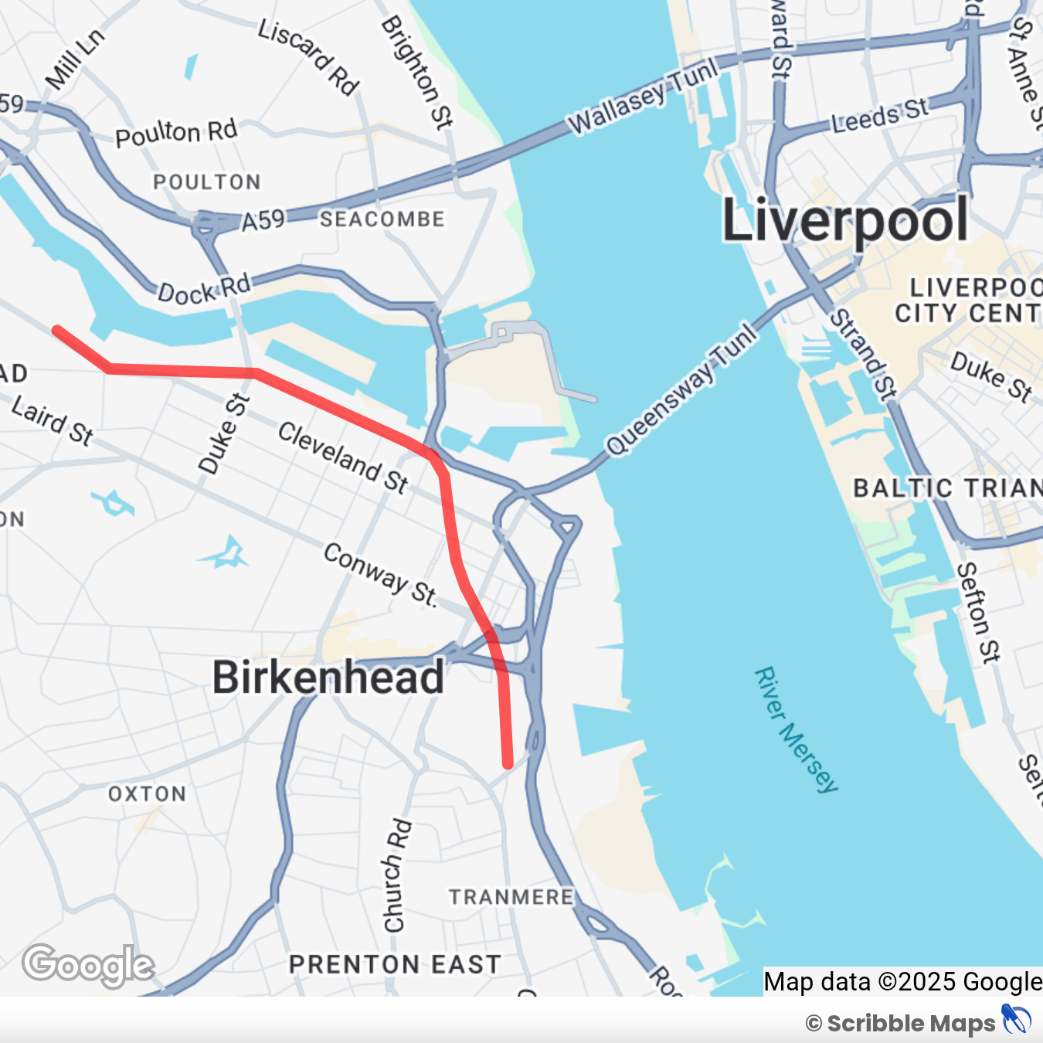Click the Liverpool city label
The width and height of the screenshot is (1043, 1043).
tap(844, 221)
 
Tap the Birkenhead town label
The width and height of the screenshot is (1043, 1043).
tap(328, 678)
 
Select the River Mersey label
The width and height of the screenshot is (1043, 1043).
tap(796, 730)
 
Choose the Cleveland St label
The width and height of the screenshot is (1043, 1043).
tap(343, 457)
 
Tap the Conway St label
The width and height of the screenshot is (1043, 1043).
tap(380, 574)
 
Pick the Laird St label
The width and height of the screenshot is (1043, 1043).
tap(53, 421)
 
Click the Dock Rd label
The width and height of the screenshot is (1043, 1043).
tap(204, 289)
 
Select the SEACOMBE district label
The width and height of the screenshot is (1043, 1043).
tap(382, 219)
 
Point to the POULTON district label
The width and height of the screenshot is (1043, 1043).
tap(207, 182)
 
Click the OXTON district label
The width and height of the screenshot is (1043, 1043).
tap(147, 794)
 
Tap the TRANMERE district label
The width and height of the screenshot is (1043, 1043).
tap(511, 897)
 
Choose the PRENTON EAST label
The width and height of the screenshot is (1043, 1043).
tap(395, 964)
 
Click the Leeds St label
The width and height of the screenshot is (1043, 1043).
tap(880, 115)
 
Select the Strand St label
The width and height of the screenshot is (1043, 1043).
tap(862, 355)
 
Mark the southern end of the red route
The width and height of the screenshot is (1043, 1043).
tap(508, 764)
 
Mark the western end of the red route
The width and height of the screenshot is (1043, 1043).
tap(56, 330)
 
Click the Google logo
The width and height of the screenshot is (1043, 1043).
tap(88, 965)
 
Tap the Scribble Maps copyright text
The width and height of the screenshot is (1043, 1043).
tap(901, 1024)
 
